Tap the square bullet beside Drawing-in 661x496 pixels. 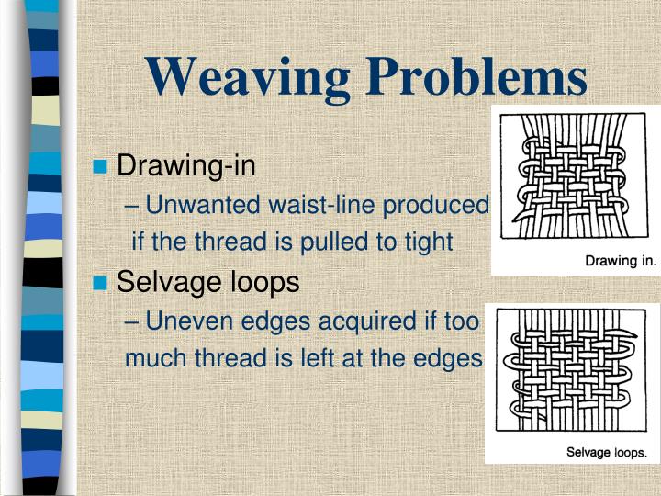click(102, 166)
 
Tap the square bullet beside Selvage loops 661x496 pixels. click(102, 283)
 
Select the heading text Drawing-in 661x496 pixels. click(186, 166)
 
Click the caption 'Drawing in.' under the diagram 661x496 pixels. click(621, 260)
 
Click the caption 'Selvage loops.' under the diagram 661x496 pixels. click(606, 452)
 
